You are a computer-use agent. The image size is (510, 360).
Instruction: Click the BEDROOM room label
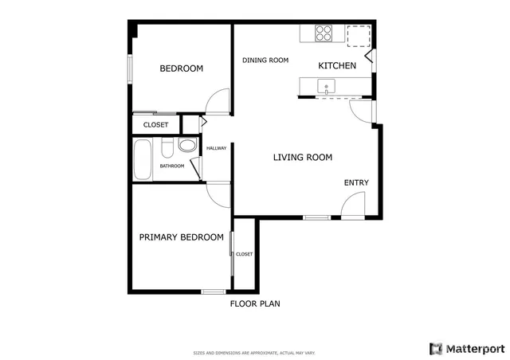[x=181, y=68]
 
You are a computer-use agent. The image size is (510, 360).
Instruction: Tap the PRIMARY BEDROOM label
[x=181, y=237]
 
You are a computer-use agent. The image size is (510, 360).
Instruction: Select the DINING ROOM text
[x=265, y=61]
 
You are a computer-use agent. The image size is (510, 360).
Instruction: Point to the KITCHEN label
[x=337, y=65]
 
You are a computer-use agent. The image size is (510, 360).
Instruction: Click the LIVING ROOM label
[x=302, y=158]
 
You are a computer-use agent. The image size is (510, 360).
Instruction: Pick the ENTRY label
[x=356, y=183]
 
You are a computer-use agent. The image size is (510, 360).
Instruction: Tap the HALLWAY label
[x=217, y=148]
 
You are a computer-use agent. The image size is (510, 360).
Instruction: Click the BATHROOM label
[x=172, y=166]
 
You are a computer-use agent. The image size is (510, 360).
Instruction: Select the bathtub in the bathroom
[x=143, y=159]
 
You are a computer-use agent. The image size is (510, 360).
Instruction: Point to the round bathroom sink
[x=187, y=146]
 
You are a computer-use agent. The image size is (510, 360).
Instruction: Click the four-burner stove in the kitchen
[x=324, y=33]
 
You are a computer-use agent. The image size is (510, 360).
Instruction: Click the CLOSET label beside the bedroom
[x=155, y=125]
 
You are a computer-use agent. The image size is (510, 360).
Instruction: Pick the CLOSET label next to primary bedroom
[x=244, y=254]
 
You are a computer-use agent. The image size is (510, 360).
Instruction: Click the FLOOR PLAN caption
[x=255, y=303]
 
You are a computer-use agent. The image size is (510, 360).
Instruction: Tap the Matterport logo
[x=467, y=348]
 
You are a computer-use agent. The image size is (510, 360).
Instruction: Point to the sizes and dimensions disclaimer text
[x=255, y=352]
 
